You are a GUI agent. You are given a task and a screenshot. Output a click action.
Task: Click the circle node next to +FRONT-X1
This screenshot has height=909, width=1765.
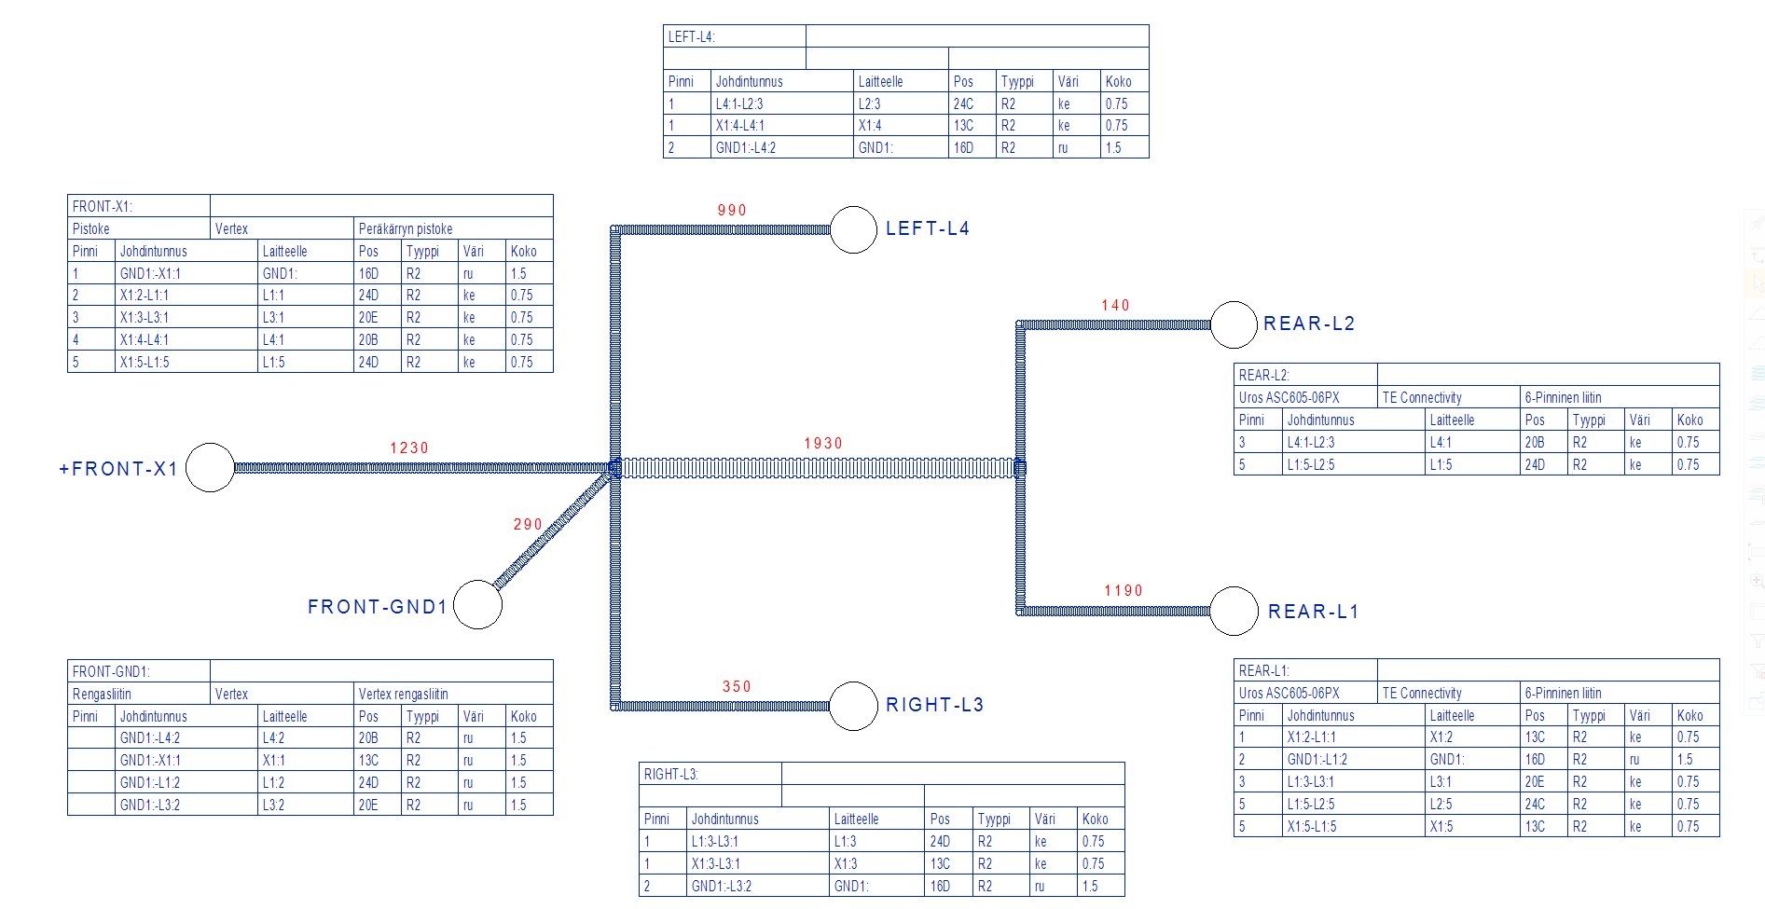(211, 467)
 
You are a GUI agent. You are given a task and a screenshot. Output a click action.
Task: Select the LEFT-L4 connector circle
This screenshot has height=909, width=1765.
(853, 229)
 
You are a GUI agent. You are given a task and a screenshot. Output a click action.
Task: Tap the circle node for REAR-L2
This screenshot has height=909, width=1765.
(1234, 324)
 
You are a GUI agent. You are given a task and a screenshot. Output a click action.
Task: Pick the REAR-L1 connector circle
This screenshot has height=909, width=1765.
(1234, 611)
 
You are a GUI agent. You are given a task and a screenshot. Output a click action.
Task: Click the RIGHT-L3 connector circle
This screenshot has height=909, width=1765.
(853, 705)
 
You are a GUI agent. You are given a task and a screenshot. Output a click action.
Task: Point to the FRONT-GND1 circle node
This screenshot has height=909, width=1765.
(477, 604)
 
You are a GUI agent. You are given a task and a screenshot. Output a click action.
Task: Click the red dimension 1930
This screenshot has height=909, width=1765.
(822, 444)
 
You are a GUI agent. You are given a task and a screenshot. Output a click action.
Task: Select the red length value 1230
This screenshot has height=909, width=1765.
(408, 448)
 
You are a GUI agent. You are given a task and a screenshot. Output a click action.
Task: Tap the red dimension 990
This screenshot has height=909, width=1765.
(732, 211)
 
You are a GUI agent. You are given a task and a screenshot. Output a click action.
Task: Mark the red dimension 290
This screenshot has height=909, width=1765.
(528, 525)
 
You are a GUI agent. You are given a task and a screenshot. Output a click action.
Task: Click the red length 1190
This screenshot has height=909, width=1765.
(1123, 591)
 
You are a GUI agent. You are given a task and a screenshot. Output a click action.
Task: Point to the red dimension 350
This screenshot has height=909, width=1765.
(737, 687)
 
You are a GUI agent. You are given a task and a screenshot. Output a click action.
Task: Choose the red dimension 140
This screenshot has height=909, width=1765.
(1115, 306)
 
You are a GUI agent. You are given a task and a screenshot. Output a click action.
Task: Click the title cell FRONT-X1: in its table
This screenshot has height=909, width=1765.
(103, 206)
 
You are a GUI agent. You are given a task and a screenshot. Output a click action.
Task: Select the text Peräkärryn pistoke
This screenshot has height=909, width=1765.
(406, 229)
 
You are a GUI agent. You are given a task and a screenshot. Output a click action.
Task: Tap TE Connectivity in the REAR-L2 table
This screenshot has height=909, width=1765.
(1422, 398)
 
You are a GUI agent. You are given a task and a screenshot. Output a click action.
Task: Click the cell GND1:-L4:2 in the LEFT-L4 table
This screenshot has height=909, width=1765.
(746, 148)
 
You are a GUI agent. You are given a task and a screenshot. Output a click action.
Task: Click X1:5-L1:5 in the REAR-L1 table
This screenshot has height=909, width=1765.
(1312, 827)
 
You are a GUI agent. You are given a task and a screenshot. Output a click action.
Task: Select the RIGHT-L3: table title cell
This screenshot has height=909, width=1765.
(671, 775)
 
